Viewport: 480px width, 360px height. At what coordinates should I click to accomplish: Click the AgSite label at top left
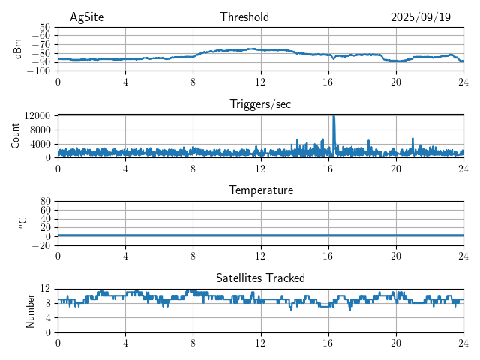click(x=86, y=17)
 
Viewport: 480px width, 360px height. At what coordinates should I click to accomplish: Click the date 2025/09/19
click(x=420, y=17)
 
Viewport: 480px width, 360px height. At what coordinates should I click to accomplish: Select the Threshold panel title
click(x=244, y=17)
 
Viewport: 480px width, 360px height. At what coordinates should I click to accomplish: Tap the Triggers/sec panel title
click(x=260, y=104)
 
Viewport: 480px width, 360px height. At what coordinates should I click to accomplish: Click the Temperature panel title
click(x=260, y=190)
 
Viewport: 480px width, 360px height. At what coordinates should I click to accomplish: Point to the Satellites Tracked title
click(x=260, y=277)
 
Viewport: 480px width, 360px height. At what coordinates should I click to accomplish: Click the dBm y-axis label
click(x=18, y=49)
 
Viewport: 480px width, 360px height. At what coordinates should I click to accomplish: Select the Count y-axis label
click(x=16, y=136)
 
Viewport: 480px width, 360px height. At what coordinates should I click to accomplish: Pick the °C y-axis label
click(x=22, y=223)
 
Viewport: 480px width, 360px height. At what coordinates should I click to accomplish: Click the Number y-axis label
click(x=31, y=310)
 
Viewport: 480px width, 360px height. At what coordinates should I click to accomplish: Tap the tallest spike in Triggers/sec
click(x=333, y=116)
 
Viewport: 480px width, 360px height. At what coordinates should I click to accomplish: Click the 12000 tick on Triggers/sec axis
click(x=37, y=115)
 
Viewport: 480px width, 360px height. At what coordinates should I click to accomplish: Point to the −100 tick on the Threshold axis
click(x=38, y=71)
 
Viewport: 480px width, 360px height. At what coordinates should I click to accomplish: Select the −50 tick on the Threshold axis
click(x=41, y=28)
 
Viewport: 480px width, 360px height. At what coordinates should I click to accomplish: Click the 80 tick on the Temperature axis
click(x=45, y=202)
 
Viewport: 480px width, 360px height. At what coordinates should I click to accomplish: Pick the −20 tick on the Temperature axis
click(x=41, y=245)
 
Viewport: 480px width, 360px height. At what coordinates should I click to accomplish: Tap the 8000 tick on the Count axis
click(x=40, y=130)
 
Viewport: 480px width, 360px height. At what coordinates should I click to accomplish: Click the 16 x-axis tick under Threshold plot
click(x=328, y=81)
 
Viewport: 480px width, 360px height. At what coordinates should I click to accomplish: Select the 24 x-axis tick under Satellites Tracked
click(x=463, y=342)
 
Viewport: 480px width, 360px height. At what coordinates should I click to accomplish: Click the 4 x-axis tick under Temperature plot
click(x=125, y=255)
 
